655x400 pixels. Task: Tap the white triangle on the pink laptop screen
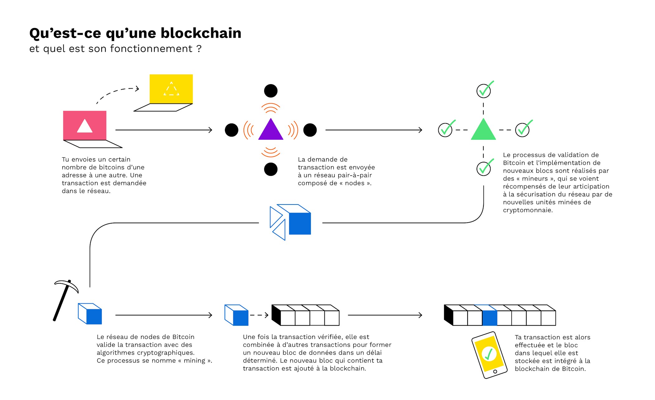(85, 126)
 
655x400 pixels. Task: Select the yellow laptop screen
(171, 89)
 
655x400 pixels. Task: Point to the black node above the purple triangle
(271, 91)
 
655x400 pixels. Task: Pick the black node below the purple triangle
(271, 169)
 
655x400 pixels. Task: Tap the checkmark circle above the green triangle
(483, 91)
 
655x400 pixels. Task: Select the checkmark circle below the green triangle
(483, 169)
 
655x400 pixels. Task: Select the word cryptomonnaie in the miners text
(528, 210)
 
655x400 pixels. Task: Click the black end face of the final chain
(449, 315)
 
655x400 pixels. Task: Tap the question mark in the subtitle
(199, 49)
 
